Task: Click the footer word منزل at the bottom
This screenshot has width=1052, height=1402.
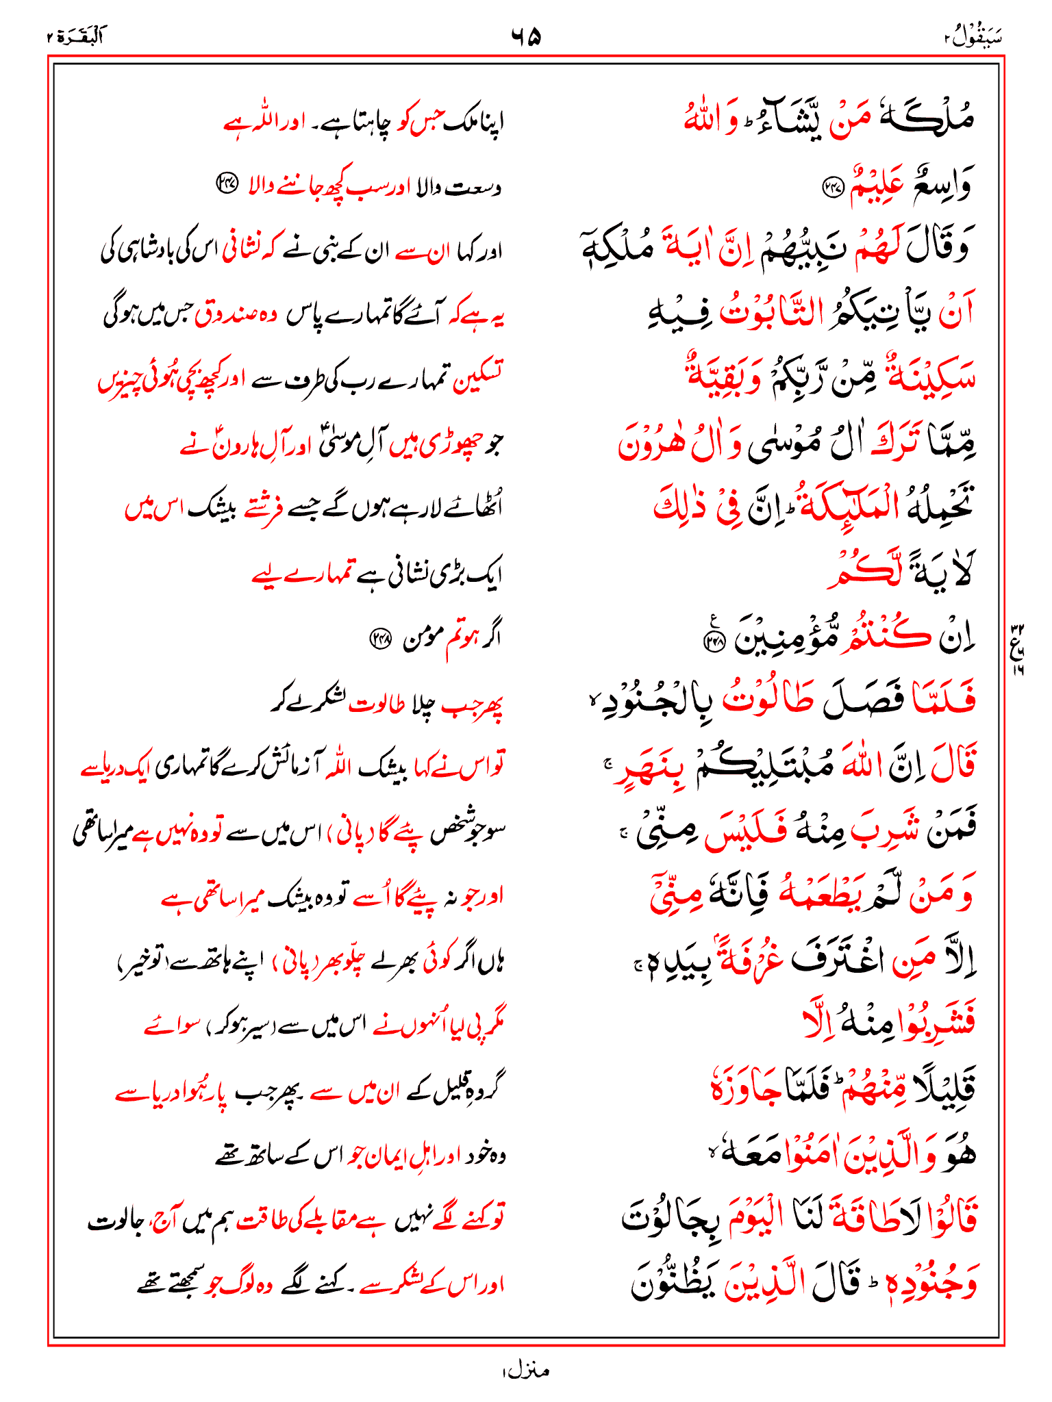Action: click(x=525, y=1371)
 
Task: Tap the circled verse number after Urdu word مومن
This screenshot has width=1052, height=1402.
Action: click(x=379, y=639)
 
